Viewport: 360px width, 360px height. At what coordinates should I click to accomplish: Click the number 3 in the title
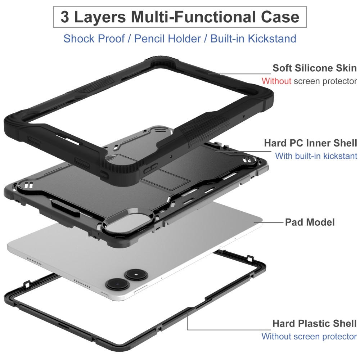tap(65, 17)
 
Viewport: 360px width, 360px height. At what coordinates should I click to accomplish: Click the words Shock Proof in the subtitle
tap(94, 39)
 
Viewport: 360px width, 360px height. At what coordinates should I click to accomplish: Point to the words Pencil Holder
tap(168, 39)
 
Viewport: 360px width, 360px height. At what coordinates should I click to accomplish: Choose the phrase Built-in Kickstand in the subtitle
tap(253, 39)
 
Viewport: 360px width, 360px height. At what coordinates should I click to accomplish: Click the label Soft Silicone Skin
tap(315, 68)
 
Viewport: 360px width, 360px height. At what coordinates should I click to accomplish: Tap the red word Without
tap(276, 81)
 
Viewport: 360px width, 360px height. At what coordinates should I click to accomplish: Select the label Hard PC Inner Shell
tap(310, 143)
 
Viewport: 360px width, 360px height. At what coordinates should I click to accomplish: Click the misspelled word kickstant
tap(340, 156)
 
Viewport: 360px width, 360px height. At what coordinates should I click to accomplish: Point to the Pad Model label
tap(310, 222)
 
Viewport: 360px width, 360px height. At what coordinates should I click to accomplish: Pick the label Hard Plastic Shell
tap(315, 324)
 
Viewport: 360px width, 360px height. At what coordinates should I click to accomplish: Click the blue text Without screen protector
tap(309, 336)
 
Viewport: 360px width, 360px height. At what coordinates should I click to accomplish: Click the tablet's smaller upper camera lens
tap(136, 274)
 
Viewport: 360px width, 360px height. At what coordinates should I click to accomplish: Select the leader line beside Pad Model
tap(269, 222)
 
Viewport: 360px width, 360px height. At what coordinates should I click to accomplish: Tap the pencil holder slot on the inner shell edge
tap(66, 209)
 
